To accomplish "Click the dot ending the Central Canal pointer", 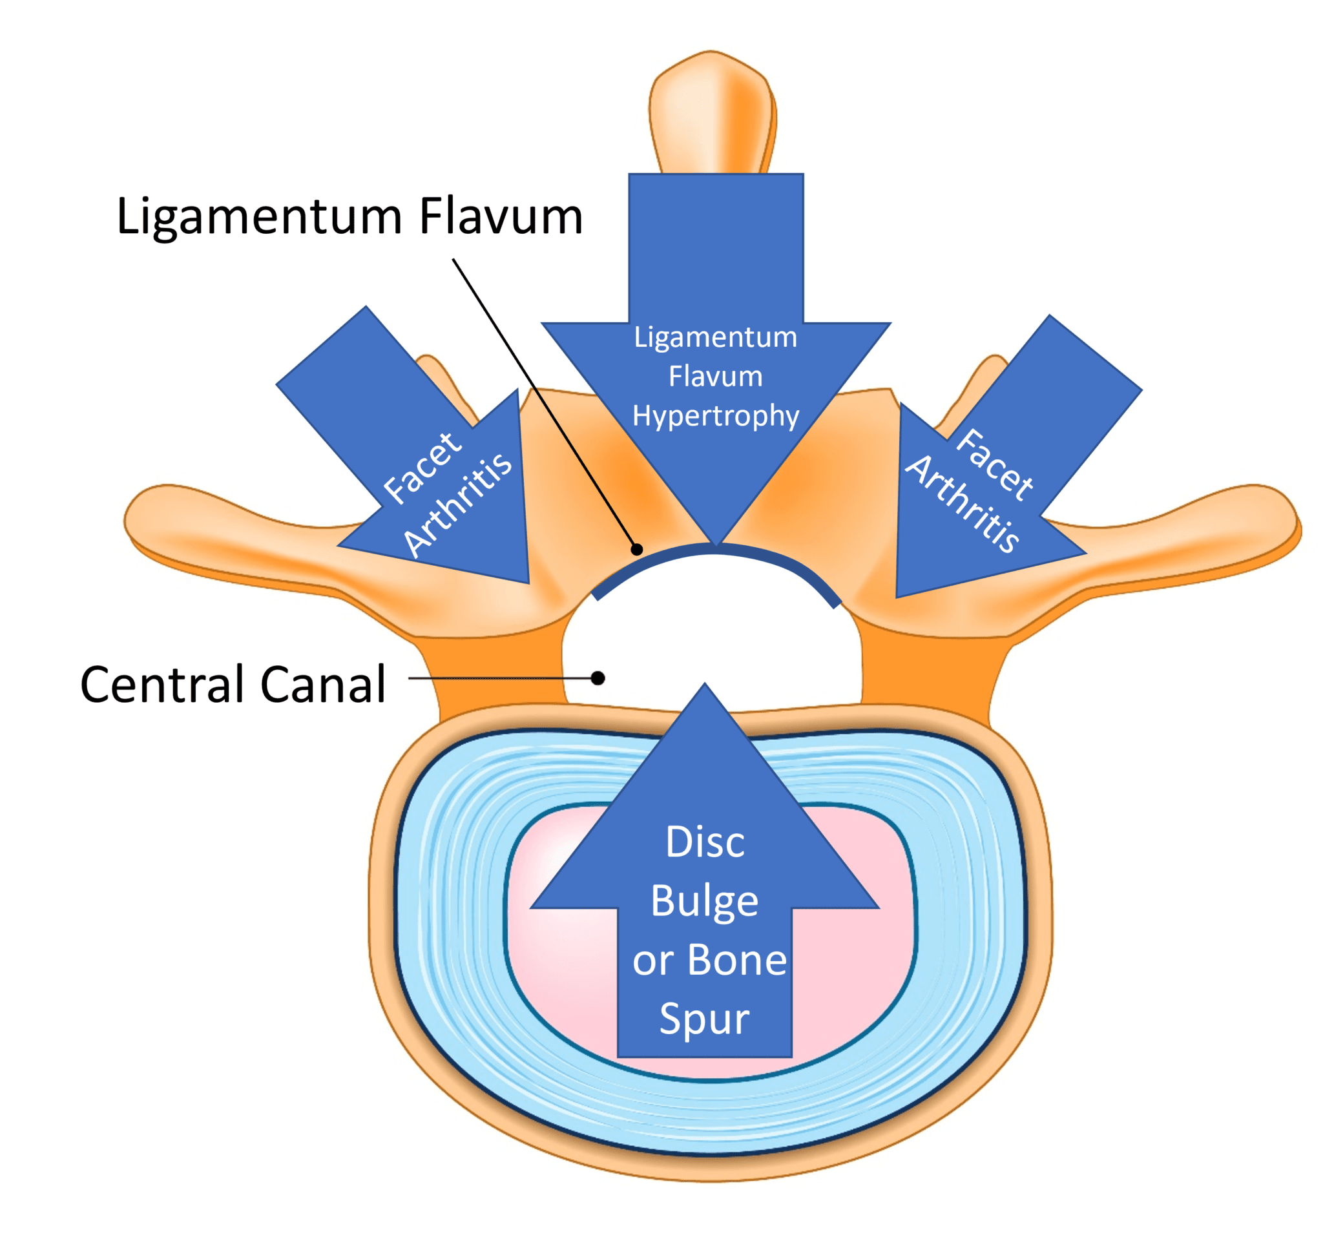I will pyautogui.click(x=598, y=678).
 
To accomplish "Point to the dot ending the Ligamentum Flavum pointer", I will pyautogui.click(x=637, y=550).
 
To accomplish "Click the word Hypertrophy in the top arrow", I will pyautogui.click(x=715, y=417).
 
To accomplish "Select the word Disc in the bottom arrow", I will pyautogui.click(x=705, y=842).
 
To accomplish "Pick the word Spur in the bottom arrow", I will pyautogui.click(x=704, y=1019).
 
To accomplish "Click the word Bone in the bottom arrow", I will pyautogui.click(x=736, y=960).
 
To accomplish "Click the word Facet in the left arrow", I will pyautogui.click(x=422, y=467).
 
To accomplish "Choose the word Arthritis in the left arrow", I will pyautogui.click(x=458, y=504).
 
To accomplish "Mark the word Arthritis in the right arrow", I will pyautogui.click(x=963, y=504).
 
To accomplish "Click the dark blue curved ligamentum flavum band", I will pyautogui.click(x=715, y=550).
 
